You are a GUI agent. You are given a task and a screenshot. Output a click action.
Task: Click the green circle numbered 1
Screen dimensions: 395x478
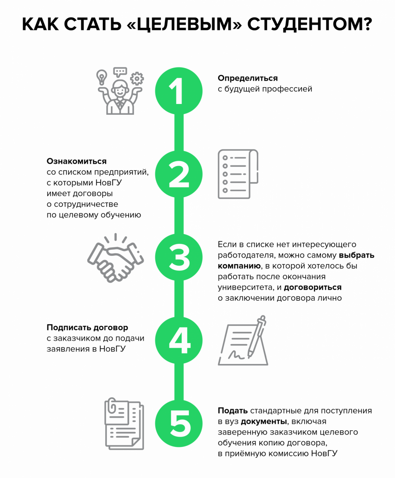click(x=179, y=91)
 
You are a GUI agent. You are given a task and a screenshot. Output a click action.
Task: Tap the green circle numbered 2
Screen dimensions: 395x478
click(x=179, y=174)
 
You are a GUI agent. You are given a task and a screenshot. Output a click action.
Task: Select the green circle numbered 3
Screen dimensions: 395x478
click(x=179, y=257)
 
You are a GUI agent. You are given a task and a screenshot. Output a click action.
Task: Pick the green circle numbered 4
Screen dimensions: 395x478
click(x=179, y=340)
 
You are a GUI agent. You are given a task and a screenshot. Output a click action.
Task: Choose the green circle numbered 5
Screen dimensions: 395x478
click(x=179, y=423)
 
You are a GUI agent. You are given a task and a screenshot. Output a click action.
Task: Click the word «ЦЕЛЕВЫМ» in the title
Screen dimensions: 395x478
click(x=184, y=24)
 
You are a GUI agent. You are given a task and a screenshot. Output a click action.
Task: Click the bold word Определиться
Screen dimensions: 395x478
click(x=248, y=78)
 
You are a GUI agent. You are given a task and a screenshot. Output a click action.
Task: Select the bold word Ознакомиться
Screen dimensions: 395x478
click(x=76, y=161)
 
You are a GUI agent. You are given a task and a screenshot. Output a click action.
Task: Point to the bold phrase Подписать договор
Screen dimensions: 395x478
click(x=87, y=327)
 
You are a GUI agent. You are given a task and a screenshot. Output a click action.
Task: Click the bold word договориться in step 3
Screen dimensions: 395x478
click(x=313, y=287)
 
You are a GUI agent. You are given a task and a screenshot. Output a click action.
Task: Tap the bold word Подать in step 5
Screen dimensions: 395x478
click(x=233, y=411)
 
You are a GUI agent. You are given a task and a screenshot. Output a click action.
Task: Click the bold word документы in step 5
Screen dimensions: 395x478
click(x=264, y=421)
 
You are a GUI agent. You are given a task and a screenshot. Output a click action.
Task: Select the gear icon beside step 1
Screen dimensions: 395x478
click(x=137, y=78)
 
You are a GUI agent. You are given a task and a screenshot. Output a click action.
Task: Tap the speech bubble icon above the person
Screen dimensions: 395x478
click(x=120, y=72)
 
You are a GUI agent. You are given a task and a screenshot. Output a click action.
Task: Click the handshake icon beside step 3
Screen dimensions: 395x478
click(x=115, y=258)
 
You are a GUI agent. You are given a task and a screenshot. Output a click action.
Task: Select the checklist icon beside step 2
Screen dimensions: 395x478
click(x=238, y=174)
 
